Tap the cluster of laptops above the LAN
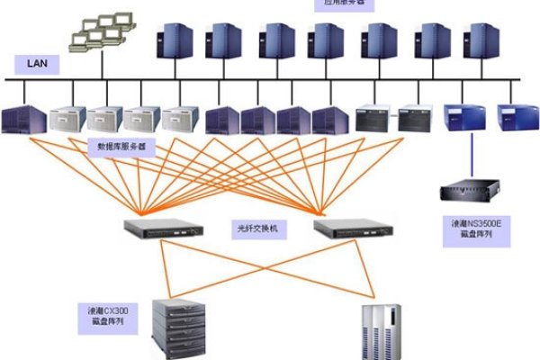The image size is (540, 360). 99,31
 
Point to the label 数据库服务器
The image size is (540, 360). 121,145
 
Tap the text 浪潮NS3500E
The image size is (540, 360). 475,220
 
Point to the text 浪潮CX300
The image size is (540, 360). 105,309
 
